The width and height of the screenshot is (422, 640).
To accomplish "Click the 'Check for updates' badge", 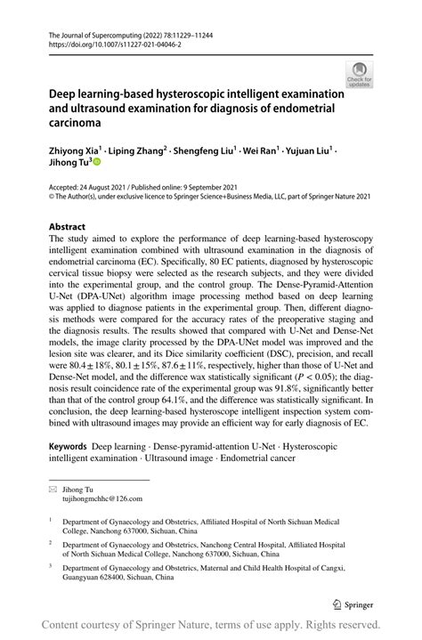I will point(359,74).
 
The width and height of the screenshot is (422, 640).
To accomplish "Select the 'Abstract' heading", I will point(69,227).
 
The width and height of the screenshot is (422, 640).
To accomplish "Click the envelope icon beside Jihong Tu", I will point(53,490).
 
